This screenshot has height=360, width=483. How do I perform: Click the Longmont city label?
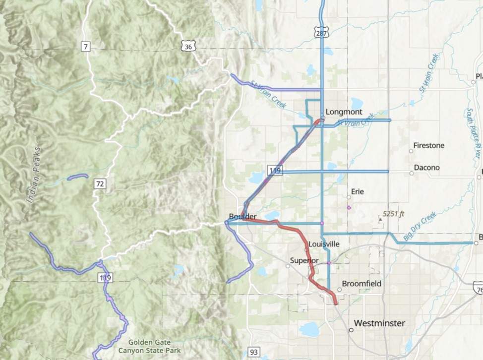(x=344, y=112)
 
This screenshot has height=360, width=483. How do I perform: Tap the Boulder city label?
(x=242, y=217)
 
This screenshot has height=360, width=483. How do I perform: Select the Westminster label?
(x=380, y=323)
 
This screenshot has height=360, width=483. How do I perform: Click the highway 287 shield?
(x=320, y=32)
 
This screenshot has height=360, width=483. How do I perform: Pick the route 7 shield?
(x=86, y=47)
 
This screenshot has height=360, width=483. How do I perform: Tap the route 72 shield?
(x=100, y=184)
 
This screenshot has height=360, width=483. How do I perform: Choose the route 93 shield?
(x=254, y=352)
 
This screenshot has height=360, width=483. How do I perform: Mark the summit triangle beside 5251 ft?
(x=380, y=218)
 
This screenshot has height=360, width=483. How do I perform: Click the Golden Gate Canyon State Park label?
(x=149, y=346)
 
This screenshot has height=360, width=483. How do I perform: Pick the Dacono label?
(x=427, y=168)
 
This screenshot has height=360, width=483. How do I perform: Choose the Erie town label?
(x=358, y=191)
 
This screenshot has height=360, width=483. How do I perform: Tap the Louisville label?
(x=324, y=244)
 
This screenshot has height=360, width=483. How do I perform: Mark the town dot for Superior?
(x=288, y=266)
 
